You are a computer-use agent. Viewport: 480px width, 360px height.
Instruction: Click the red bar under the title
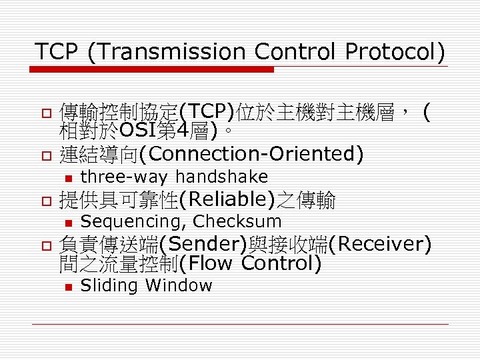pos(153,69)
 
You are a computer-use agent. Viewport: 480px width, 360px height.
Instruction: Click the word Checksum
pos(237,221)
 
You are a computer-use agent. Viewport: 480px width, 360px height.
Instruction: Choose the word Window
pos(179,286)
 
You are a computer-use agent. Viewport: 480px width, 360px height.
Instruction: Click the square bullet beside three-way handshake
pos(67,178)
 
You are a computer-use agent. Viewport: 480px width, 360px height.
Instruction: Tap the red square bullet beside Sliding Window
pos(67,287)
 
